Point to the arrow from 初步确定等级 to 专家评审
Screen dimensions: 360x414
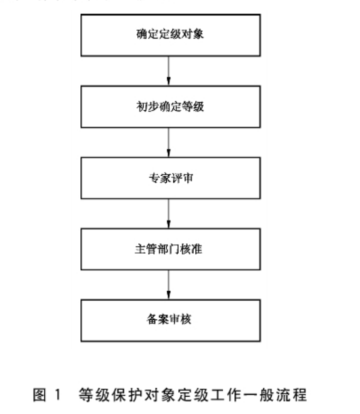click(x=169, y=143)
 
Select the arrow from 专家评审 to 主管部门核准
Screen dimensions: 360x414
click(x=169, y=214)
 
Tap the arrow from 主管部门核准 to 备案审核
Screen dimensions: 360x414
click(x=169, y=285)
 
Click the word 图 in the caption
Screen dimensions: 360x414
click(x=39, y=395)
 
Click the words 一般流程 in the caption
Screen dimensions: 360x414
click(x=278, y=395)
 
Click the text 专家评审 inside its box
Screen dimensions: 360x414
click(x=169, y=178)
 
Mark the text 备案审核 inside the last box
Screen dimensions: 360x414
click(x=169, y=321)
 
